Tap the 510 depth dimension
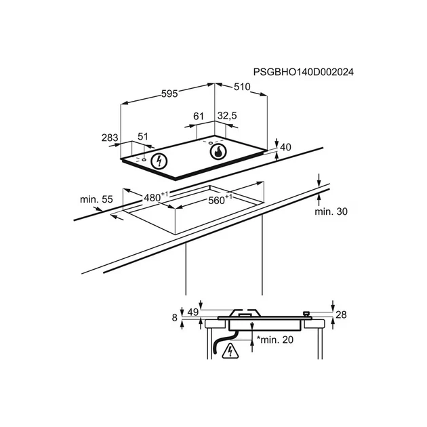243,87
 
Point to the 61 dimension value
198,117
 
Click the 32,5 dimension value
226,117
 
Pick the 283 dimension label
110,138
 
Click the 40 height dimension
285,147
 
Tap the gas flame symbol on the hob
218,152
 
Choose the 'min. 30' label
331,212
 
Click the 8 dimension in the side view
175,317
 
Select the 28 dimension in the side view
341,314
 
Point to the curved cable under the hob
215,342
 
